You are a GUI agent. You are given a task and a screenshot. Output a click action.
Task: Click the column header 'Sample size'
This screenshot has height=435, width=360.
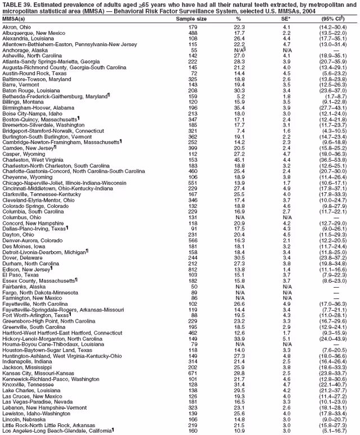click(x=191, y=19)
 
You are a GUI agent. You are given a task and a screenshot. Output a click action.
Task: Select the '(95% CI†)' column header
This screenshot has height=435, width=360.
click(x=334, y=19)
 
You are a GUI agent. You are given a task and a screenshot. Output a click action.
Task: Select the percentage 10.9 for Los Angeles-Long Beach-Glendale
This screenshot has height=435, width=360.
click(x=239, y=430)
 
